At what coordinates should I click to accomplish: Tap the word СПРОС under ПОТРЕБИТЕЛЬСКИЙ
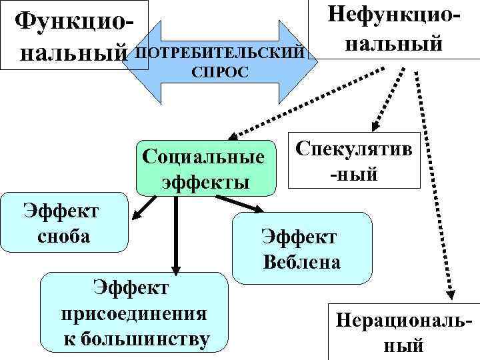coord(220,71)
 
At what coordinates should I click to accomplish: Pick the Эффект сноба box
coord(63,222)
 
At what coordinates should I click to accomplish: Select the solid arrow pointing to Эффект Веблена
coord(240,204)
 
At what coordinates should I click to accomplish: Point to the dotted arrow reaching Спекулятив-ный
coord(385,100)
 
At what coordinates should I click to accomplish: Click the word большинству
coord(137,339)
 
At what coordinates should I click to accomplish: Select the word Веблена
coord(301,261)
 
